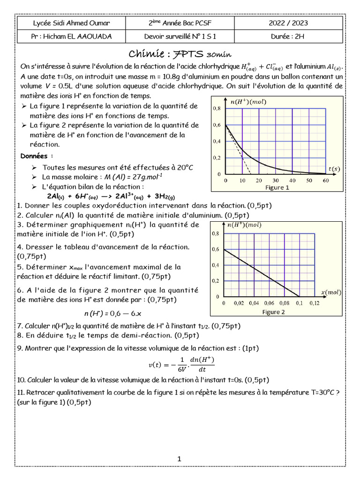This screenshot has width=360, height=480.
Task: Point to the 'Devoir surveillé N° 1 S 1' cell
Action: [x=180, y=37]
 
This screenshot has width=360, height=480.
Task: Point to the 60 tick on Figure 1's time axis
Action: [x=326, y=180]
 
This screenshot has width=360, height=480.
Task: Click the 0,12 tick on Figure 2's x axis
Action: [x=313, y=303]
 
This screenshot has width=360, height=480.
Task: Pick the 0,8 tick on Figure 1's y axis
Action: [x=217, y=108]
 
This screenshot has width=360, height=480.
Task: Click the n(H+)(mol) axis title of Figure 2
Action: [x=244, y=225]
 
